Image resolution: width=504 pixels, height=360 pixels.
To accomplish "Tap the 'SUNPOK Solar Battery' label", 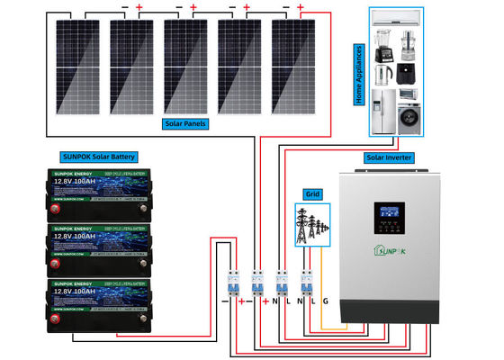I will pos(100,156).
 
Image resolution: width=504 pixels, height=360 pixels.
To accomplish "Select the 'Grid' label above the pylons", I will pos(312,193).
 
